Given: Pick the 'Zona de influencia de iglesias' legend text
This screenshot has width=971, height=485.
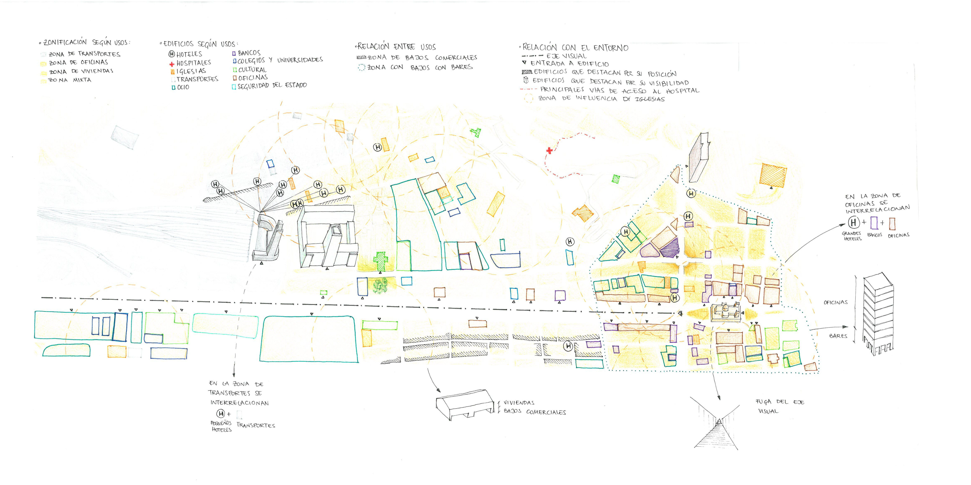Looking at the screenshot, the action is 601,99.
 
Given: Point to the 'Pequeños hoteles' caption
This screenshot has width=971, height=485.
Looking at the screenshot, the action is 221,426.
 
